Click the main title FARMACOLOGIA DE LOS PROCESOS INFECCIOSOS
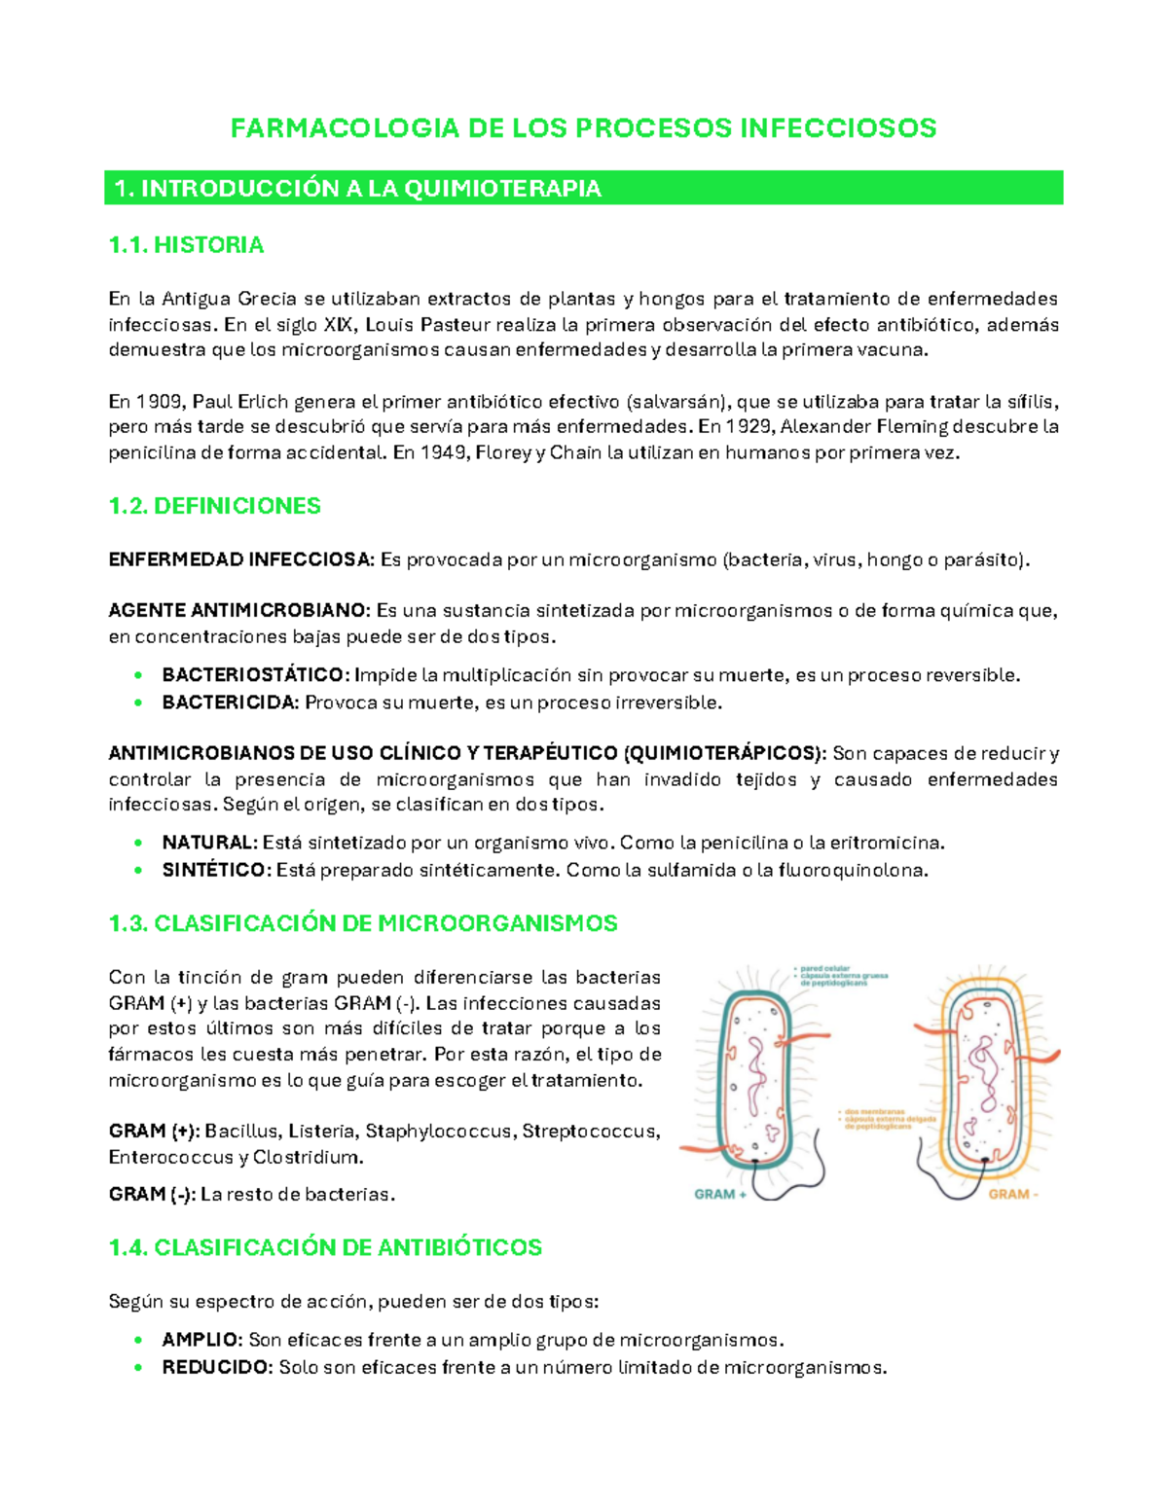583,128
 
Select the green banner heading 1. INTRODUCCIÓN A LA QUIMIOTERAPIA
357,189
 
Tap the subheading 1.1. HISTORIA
186,245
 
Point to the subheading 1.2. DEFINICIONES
214,506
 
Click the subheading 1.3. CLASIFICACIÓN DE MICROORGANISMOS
363,923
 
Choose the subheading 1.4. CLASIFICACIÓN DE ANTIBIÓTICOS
325,1247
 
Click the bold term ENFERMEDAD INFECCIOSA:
240,559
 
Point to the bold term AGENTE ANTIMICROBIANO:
238,611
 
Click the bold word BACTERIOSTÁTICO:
255,675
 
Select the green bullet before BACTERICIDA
139,702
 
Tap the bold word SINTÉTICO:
216,870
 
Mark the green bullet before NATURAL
139,844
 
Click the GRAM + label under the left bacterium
720,1194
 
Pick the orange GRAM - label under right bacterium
1013,1194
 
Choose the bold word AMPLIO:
201,1340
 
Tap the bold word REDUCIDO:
217,1367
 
